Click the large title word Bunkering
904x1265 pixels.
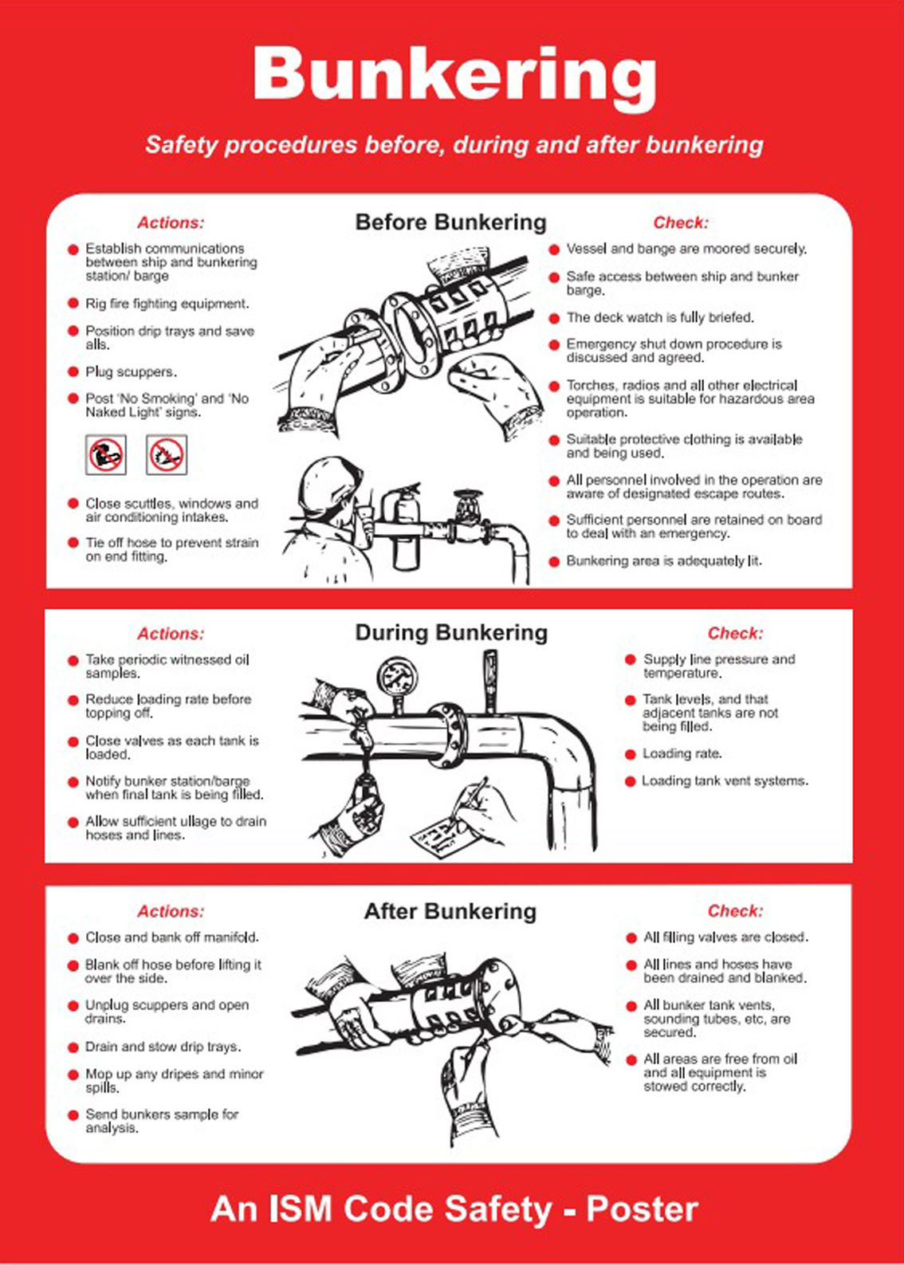click(454, 76)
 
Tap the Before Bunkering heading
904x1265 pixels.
click(450, 222)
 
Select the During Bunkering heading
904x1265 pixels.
click(451, 633)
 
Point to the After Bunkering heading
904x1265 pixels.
click(450, 911)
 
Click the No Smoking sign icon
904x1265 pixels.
click(106, 455)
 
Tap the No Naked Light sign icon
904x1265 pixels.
click(167, 455)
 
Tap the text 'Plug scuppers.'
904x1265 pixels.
click(131, 371)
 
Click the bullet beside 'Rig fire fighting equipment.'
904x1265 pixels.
click(73, 304)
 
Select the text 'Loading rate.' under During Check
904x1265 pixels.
click(682, 753)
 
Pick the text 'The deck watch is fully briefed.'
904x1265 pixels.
click(660, 317)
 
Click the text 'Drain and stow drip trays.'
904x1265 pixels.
click(163, 1047)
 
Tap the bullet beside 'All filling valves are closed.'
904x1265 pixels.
click(631, 938)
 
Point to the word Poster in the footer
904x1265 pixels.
click(642, 1208)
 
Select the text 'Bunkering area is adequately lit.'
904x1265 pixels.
click(664, 561)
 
